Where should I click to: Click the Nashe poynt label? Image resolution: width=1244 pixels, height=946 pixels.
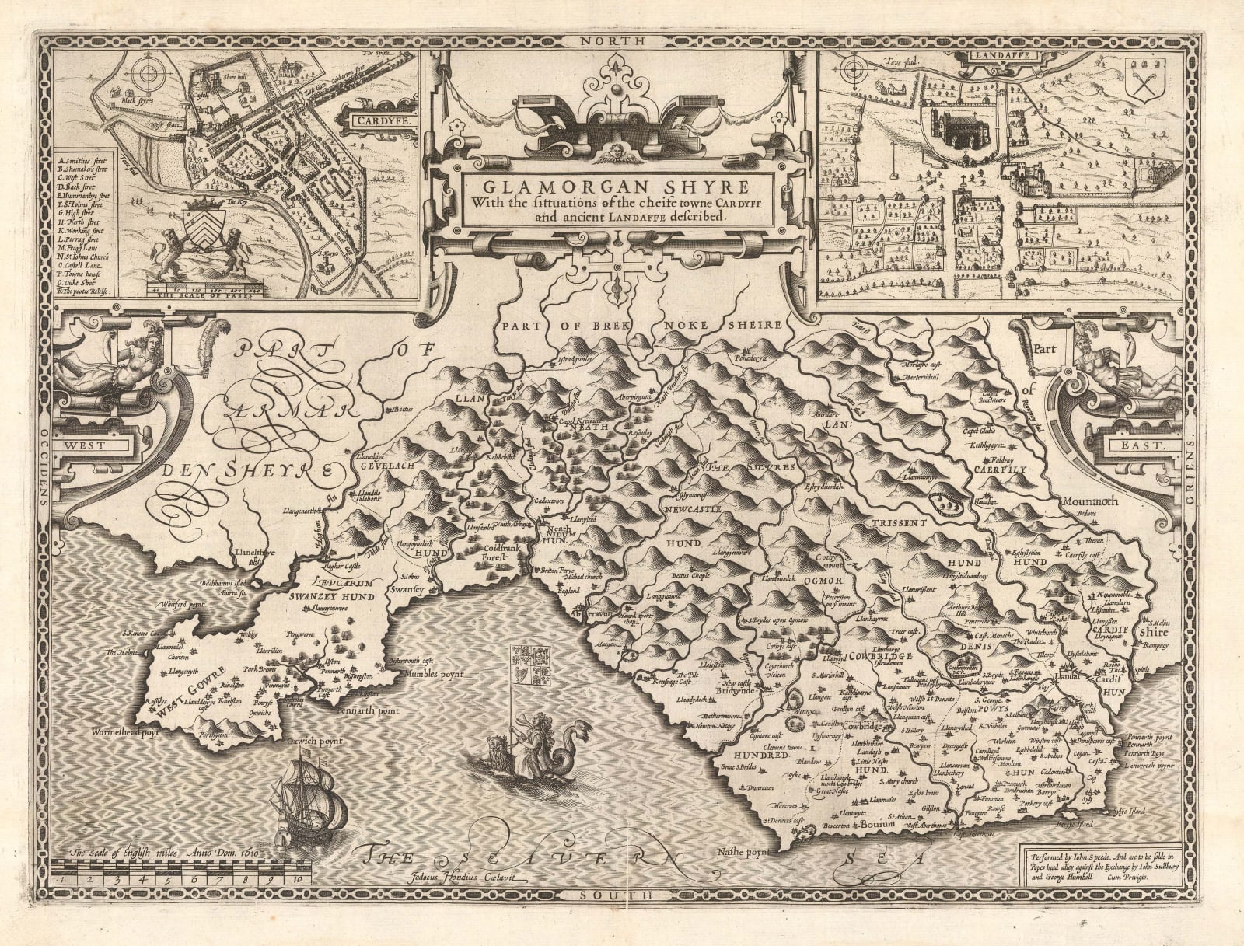(x=743, y=851)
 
